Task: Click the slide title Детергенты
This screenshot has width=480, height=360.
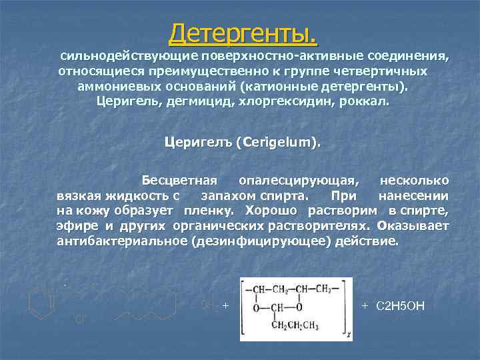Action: [x=243, y=32]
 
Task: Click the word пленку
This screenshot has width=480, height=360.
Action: [x=206, y=211]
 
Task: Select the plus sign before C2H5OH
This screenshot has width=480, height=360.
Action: [x=365, y=305]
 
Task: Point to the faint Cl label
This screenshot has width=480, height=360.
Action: [x=79, y=319]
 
